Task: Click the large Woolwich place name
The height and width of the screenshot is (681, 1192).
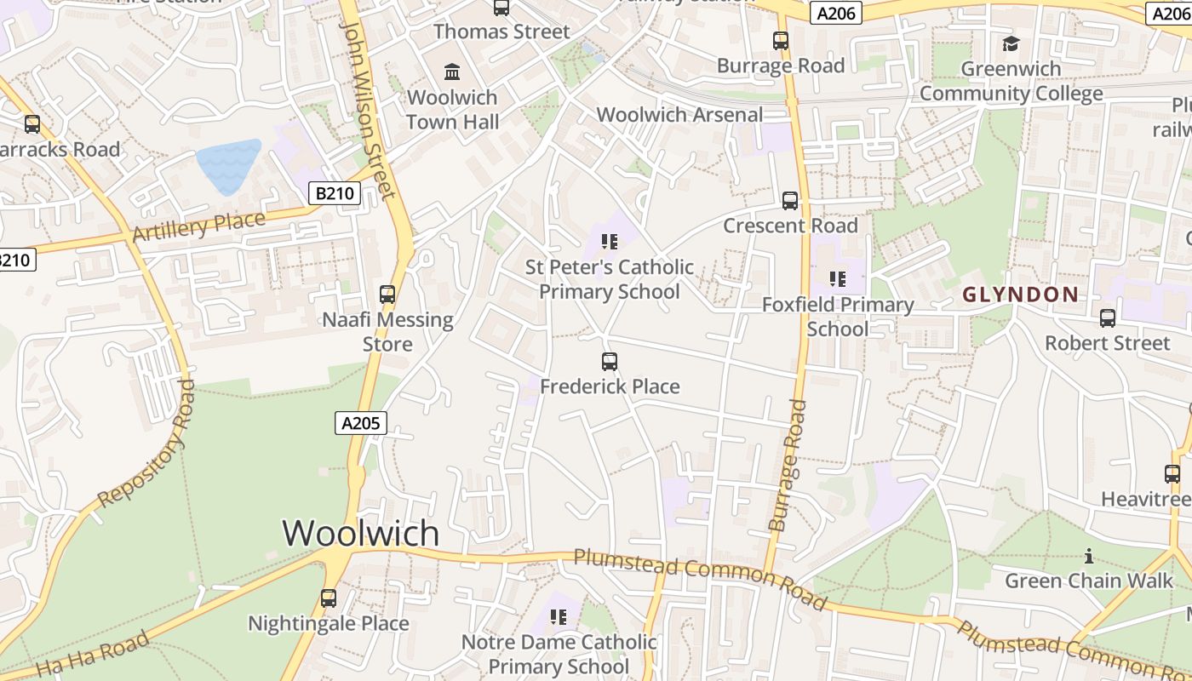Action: click(361, 533)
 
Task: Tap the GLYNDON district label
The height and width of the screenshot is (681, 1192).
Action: click(1020, 295)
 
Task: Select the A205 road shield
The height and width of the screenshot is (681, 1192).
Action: click(361, 423)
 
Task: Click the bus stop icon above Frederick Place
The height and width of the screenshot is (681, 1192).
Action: click(610, 362)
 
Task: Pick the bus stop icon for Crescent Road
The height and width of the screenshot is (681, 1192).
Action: click(790, 201)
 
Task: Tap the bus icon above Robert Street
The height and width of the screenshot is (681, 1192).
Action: click(1108, 318)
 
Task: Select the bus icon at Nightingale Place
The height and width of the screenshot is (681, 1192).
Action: click(329, 598)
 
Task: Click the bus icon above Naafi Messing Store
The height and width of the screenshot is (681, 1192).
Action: click(387, 295)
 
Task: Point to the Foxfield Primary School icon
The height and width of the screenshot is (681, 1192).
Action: click(838, 279)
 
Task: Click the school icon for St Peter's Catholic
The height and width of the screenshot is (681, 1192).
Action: click(610, 242)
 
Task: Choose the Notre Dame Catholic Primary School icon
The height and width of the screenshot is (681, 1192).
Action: click(559, 616)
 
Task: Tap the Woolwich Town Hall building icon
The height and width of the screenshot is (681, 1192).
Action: click(452, 72)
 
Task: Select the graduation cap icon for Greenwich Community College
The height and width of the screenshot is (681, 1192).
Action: click(1011, 43)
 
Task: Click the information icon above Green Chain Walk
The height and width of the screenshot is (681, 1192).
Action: click(1088, 557)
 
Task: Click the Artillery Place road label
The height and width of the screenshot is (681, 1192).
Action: click(199, 226)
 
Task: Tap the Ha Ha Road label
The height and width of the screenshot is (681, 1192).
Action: click(93, 654)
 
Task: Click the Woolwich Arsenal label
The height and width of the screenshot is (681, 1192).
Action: click(679, 115)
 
